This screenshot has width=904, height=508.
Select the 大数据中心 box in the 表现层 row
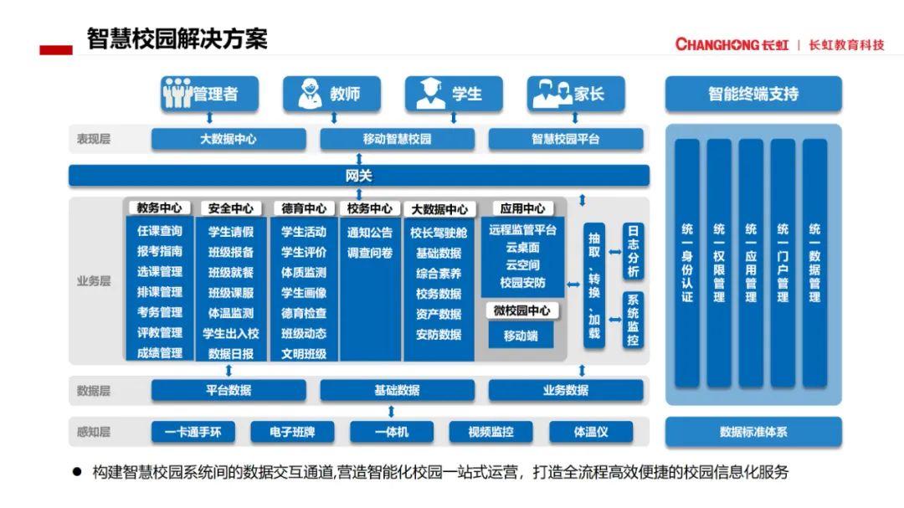(228, 139)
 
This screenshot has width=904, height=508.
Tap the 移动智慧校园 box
(397, 139)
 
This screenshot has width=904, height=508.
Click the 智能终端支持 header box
(752, 94)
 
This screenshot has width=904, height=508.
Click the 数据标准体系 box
(752, 432)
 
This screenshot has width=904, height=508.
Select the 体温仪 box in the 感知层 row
(590, 432)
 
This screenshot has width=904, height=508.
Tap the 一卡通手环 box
(193, 432)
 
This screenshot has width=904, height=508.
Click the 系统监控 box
(633, 321)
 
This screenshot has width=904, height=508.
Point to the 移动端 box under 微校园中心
(521, 336)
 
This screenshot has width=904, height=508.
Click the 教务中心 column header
(159, 208)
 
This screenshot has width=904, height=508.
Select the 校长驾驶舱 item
(439, 232)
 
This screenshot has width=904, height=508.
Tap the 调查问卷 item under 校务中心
(369, 253)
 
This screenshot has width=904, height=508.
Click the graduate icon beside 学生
(430, 94)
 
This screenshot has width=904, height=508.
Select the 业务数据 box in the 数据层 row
(565, 390)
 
